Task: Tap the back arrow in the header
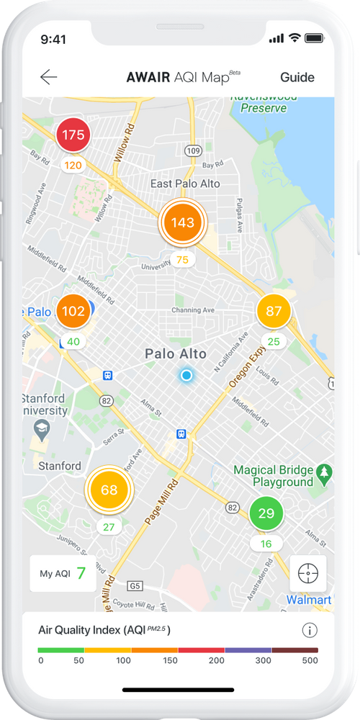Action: [x=49, y=77]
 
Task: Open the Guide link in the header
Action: [x=297, y=77]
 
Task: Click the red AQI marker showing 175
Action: [x=73, y=135]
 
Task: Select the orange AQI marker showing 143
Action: [x=182, y=222]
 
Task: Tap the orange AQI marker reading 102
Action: [x=73, y=312]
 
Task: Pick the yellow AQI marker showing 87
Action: [x=274, y=311]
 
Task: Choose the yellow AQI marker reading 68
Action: [x=109, y=490]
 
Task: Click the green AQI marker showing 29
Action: [x=266, y=513]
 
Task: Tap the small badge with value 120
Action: [x=73, y=165]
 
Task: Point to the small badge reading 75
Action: [x=182, y=260]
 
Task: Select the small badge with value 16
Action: [x=266, y=544]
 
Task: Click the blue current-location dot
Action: [x=186, y=375]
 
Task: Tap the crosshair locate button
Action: [x=308, y=573]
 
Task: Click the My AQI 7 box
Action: [x=63, y=573]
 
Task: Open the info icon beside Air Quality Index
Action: [x=310, y=631]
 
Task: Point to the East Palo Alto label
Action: [x=185, y=184]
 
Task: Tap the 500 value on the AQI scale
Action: [x=310, y=661]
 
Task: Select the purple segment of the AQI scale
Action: [x=248, y=650]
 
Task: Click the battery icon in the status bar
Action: [x=314, y=38]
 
